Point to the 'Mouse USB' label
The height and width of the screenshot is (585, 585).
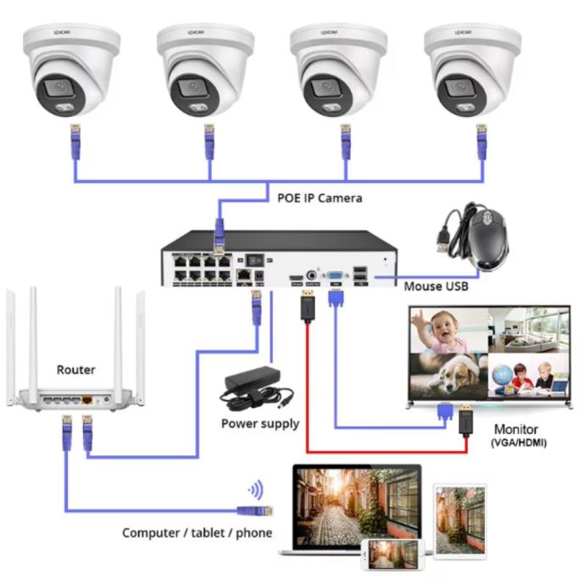click(436, 287)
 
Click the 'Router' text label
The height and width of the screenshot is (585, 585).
click(75, 370)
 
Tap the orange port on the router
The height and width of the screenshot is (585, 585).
click(86, 398)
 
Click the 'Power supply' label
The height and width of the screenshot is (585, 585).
click(260, 423)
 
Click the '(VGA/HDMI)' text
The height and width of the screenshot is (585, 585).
click(517, 444)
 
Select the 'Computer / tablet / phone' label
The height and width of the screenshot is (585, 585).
click(198, 532)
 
